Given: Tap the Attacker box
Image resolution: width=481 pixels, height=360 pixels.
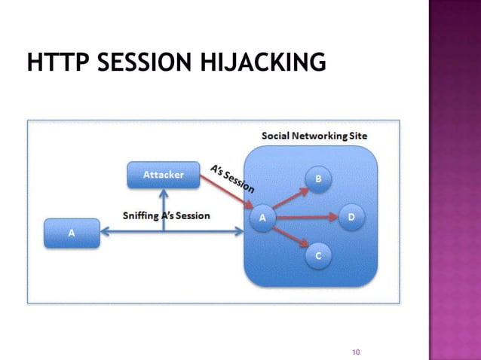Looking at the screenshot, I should point(164,175).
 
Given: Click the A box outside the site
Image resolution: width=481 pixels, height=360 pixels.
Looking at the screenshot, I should point(72,233).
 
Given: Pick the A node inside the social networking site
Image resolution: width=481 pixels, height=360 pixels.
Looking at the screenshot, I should point(262,218).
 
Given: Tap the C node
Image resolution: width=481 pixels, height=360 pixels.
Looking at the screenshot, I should point(318,257).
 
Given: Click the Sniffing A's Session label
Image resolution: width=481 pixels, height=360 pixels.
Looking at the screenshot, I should point(167,215).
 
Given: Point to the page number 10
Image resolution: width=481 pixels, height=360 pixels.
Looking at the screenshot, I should point(357,352).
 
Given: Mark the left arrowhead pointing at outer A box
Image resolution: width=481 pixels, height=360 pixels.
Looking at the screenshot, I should point(105,233).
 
